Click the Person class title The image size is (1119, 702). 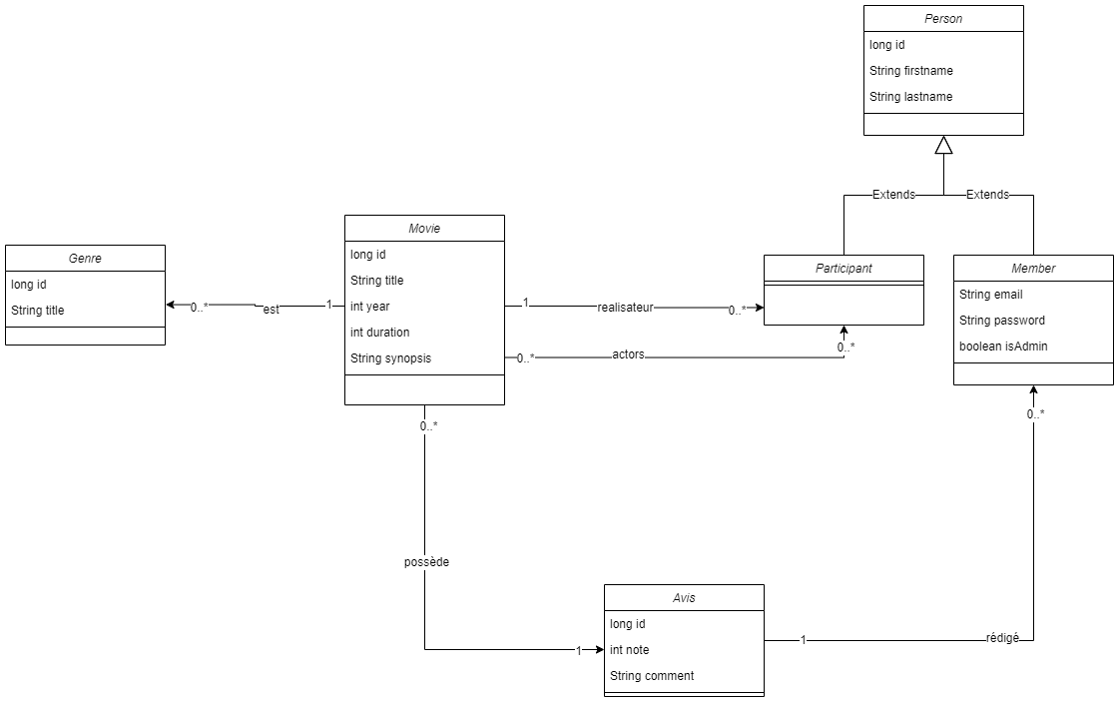tap(943, 19)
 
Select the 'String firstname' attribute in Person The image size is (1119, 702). tap(911, 71)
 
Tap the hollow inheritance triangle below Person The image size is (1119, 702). tap(943, 145)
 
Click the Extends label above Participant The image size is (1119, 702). tap(893, 195)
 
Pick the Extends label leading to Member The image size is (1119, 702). tap(987, 195)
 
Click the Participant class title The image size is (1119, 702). tap(843, 269)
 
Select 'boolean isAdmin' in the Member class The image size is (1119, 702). tap(1003, 347)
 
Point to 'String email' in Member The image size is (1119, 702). tap(991, 295)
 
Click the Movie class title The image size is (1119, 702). tap(424, 229)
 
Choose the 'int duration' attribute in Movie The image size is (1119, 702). tap(380, 333)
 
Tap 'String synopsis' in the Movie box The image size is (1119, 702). tap(391, 358)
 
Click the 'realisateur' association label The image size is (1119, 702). tap(625, 308)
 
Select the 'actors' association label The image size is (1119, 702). tap(628, 354)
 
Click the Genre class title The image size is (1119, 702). tap(85, 259)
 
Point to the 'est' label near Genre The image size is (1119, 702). tap(271, 310)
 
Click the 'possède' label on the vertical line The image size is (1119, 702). tap(426, 562)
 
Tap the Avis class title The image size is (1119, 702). tap(684, 598)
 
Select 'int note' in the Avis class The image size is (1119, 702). tap(630, 650)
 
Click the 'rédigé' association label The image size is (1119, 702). tap(1002, 638)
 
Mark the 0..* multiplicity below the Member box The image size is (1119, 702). tap(1035, 413)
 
